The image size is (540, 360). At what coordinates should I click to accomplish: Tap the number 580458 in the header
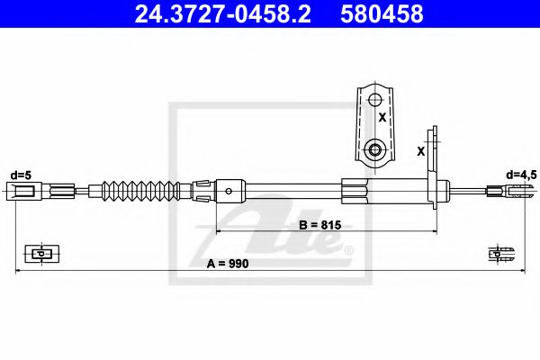click(379, 14)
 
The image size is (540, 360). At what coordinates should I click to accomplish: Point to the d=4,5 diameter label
click(520, 174)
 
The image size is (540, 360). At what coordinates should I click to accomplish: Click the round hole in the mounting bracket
click(375, 148)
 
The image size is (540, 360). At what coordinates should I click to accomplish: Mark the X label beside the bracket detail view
click(382, 117)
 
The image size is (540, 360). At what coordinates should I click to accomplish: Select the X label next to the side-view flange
click(421, 151)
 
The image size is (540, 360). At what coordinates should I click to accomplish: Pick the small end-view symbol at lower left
click(38, 254)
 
